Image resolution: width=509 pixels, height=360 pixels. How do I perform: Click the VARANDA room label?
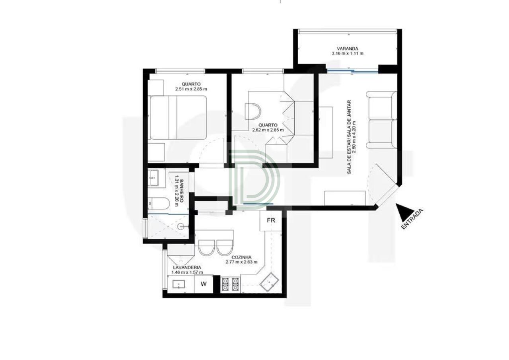tap(347, 49)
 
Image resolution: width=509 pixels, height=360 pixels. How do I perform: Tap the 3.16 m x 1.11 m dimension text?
tap(347, 54)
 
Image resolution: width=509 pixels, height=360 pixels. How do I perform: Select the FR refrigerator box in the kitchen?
tap(271, 221)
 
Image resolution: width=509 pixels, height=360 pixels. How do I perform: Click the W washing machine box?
tap(204, 284)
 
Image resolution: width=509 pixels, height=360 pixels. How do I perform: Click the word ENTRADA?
tap(412, 219)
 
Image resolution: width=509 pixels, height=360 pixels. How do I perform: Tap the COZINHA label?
tap(241, 257)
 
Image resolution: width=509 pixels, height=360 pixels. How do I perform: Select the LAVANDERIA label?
tap(187, 267)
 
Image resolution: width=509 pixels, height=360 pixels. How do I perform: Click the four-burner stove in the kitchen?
tap(230, 284)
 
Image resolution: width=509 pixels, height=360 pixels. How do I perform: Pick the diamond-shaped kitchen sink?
tap(269, 282)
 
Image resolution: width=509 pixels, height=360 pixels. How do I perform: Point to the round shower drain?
tap(181, 226)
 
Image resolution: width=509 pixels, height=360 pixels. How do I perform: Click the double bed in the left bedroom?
tap(177, 117)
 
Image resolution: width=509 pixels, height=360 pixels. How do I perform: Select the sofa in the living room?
tap(382, 120)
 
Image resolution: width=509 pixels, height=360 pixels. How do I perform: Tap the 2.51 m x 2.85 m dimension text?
tap(191, 89)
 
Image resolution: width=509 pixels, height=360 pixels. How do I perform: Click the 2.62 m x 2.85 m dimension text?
tap(268, 130)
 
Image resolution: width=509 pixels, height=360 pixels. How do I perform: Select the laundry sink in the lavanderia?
tap(179, 284)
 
